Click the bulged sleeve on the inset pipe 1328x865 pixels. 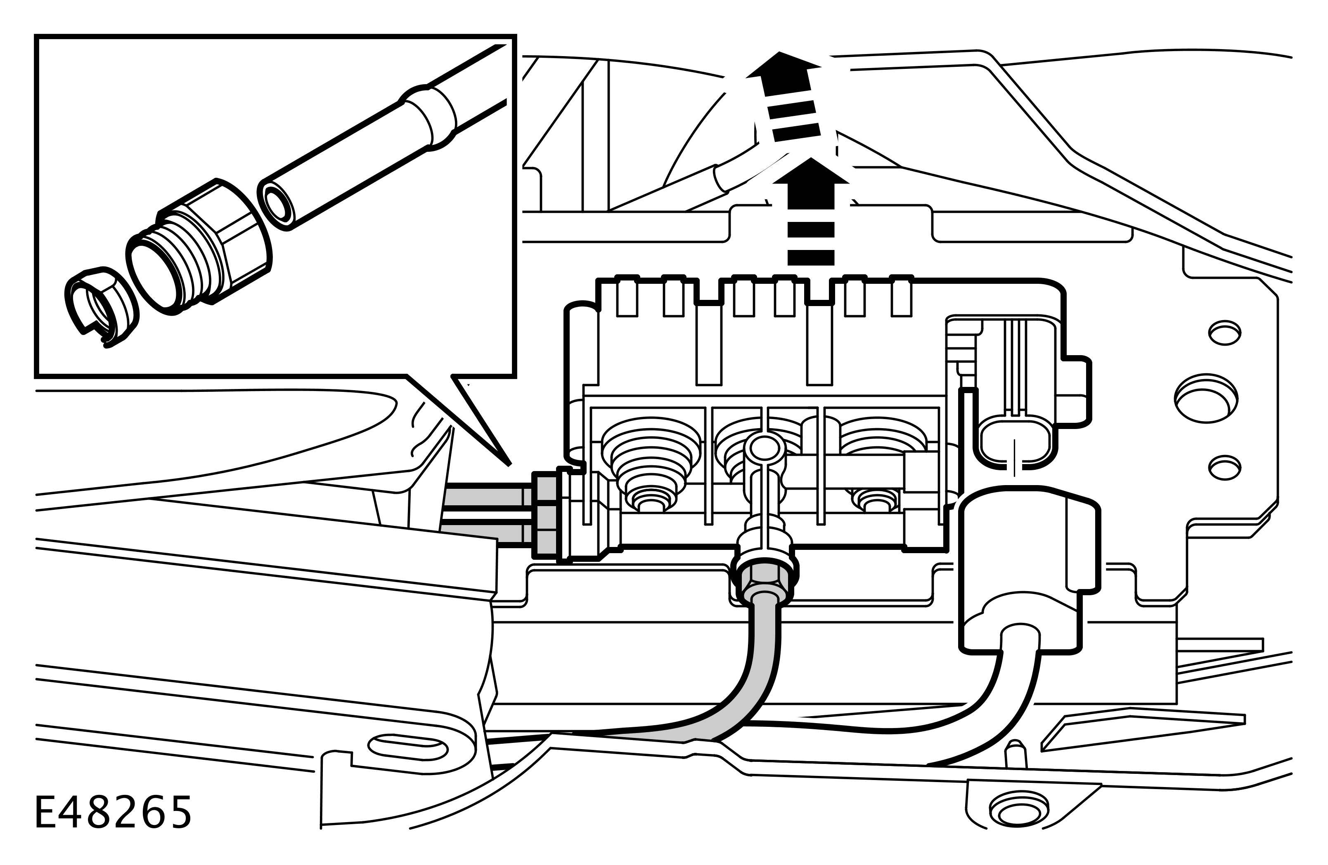coord(428,118)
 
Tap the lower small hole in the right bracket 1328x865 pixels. coord(1224,468)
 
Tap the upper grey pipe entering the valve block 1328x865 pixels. coord(485,495)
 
